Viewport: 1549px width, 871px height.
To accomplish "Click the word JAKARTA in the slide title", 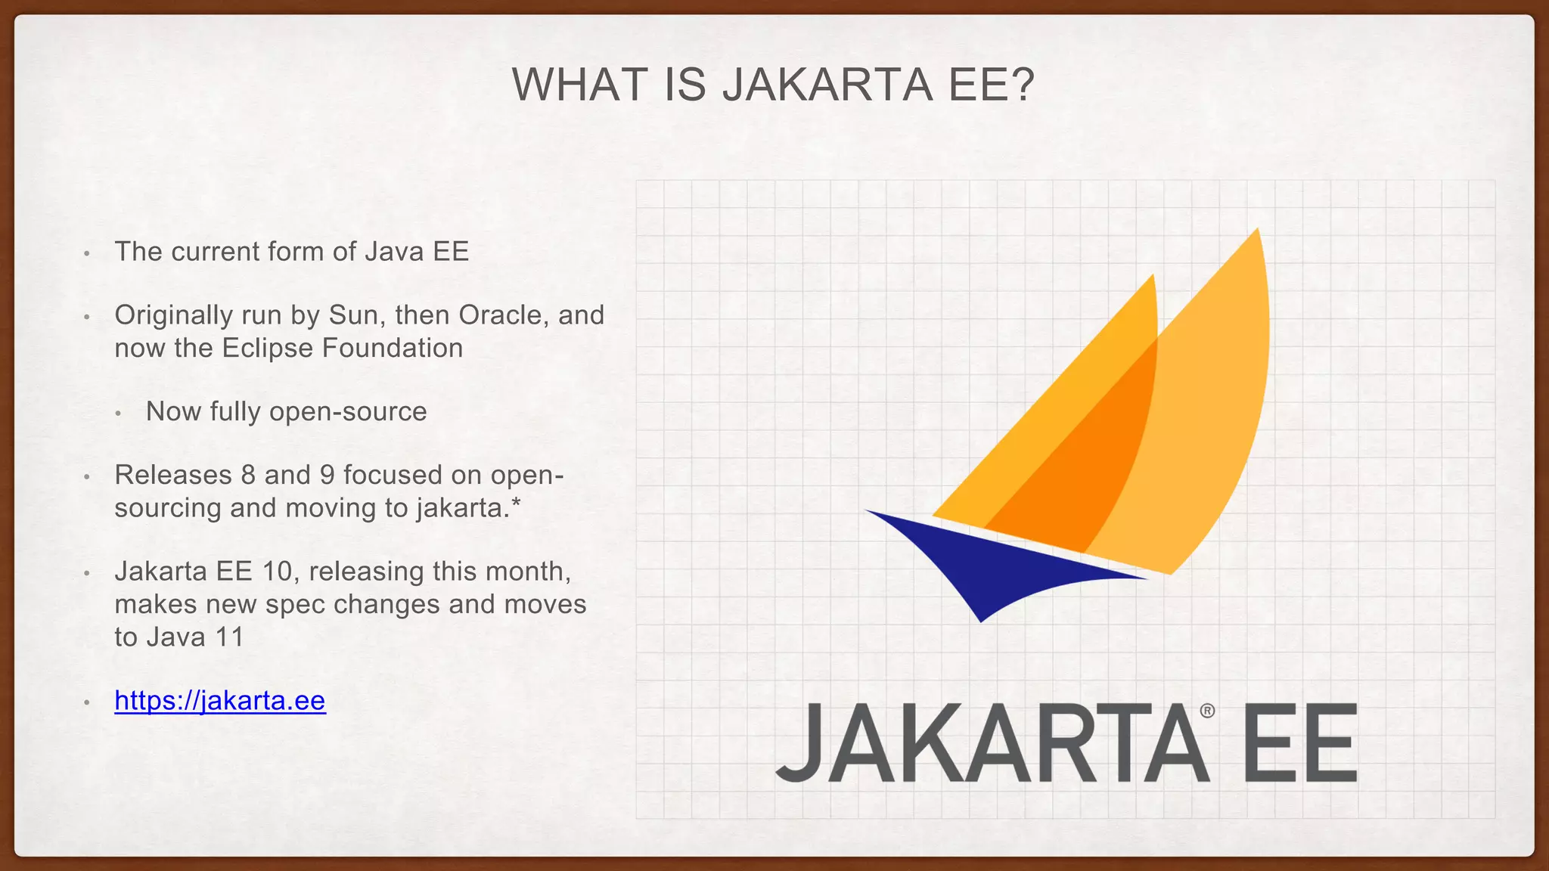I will tap(827, 85).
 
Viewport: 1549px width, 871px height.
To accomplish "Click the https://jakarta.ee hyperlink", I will tap(220, 701).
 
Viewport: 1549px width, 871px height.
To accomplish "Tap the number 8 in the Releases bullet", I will tap(248, 476).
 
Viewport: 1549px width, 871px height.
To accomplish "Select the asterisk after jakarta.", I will tap(516, 505).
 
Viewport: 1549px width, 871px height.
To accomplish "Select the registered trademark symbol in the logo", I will tap(1207, 711).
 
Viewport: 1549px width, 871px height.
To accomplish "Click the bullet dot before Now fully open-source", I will tap(119, 414).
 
